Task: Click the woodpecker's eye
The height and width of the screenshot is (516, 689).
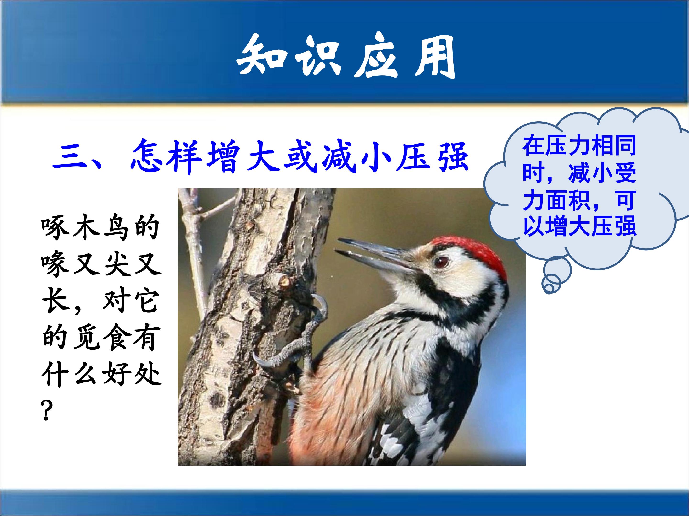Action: pos(441,262)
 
